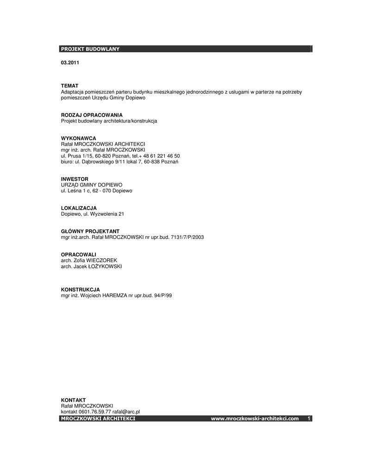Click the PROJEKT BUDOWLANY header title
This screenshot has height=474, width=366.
pos(90,49)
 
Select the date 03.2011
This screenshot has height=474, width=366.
pos(70,62)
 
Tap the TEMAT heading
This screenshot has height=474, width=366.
pos(70,86)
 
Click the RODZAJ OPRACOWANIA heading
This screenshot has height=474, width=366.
pos(92,115)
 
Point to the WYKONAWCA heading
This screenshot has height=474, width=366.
pos(79,138)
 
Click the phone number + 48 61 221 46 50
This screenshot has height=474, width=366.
pos(161,156)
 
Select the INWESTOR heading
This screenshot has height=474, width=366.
pos(75,179)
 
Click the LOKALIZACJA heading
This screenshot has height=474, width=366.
pos(79,208)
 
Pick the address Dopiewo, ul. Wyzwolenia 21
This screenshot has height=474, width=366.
pos(93,214)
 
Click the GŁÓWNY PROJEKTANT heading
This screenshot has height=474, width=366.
pos(90,231)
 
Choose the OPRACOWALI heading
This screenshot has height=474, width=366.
pos(79,255)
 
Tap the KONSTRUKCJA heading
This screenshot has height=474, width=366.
pos(81,289)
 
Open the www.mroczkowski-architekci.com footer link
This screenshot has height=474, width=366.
pos(255,418)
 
